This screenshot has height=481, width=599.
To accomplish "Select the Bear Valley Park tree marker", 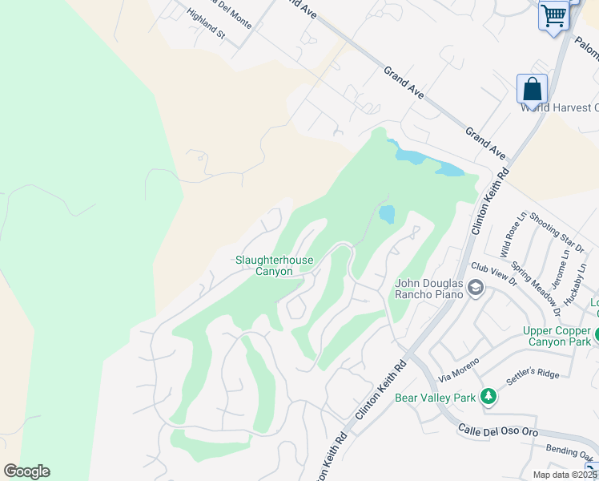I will pos(487,396).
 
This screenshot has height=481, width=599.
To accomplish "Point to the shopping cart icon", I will pos(553,15).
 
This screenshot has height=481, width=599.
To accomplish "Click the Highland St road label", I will pos(207,24).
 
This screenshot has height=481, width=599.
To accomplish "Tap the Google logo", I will pos(26,471).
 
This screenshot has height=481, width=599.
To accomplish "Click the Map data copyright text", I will pos(564,475).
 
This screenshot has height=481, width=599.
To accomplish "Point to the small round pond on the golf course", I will pos(387,214).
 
